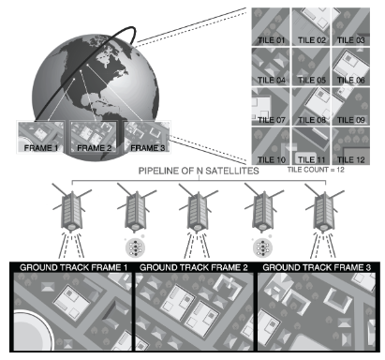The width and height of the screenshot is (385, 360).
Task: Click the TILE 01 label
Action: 271,40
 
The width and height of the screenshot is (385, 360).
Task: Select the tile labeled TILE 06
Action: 351,67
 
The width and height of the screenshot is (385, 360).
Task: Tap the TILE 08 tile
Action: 311,107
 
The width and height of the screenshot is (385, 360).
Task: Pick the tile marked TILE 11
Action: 311,146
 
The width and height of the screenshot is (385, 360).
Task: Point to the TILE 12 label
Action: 351,160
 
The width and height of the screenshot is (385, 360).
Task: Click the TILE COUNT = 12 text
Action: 316,170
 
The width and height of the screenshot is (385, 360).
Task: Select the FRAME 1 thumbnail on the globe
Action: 41,137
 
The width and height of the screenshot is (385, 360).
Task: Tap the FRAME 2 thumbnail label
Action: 95,148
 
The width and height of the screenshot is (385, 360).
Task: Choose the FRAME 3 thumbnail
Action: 147,137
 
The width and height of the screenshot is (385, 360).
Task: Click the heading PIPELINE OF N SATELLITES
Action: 199,171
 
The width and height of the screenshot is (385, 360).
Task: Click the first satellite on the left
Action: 72,209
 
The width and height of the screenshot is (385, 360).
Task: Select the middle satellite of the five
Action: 198,209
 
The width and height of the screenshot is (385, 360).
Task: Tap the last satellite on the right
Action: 324,209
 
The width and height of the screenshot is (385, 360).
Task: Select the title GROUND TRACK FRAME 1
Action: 74,268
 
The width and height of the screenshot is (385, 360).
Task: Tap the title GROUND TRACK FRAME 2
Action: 194,268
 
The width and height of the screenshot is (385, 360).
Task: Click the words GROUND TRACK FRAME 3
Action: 317,268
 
